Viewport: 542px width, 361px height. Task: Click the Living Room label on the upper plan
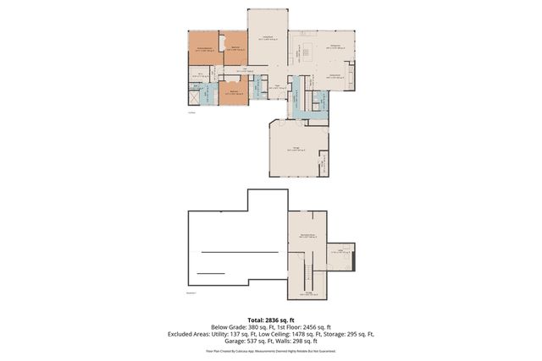(268, 37)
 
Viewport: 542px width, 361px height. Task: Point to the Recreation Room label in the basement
(307, 236)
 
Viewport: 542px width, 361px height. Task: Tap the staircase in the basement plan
(309, 275)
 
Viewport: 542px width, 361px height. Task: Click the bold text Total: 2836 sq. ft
(271, 320)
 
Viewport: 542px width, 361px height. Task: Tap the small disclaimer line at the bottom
(271, 350)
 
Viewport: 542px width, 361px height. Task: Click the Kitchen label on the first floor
(335, 46)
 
